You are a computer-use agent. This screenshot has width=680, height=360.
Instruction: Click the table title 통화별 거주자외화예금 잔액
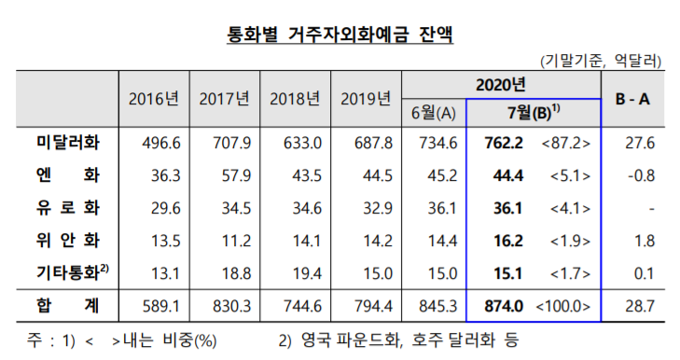coord(340,36)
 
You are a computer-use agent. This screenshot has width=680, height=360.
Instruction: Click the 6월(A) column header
coord(434,114)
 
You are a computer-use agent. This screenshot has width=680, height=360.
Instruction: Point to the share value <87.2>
coord(564,143)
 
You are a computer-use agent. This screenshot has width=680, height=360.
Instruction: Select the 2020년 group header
coord(501,84)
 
